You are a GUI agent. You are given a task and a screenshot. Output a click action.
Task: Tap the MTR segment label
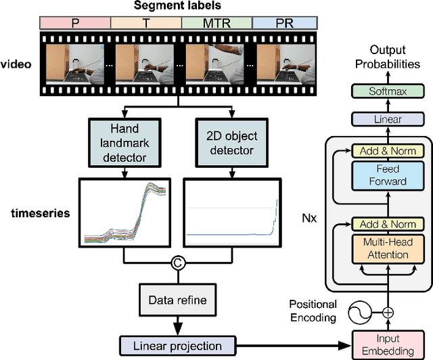coord(216,22)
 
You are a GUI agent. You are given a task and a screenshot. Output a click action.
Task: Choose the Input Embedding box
coord(388,343)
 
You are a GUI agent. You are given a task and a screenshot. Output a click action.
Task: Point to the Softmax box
coord(388,90)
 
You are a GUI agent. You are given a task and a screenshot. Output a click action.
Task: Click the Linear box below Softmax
coord(388,119)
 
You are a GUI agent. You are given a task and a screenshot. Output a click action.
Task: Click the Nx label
coord(309,219)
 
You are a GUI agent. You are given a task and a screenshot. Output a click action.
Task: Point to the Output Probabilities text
coord(388,57)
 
